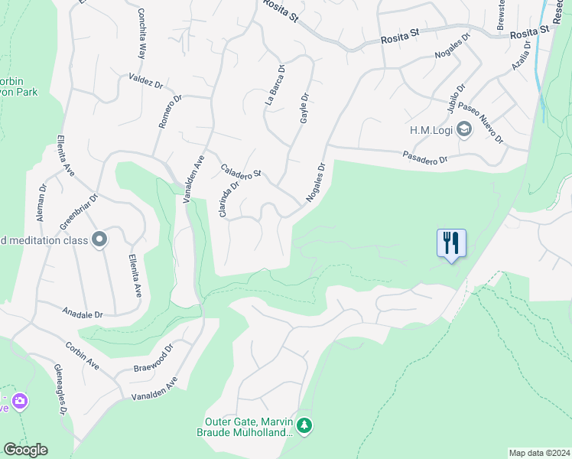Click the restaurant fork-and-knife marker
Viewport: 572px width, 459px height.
[451, 243]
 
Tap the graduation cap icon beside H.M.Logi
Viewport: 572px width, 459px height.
[463, 129]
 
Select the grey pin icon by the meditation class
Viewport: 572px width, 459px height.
[99, 240]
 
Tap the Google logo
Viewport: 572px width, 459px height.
[25, 450]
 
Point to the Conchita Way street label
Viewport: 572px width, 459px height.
[141, 34]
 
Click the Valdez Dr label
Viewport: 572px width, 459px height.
[146, 80]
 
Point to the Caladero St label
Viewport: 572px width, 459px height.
[241, 170]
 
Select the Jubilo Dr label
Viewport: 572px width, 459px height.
[456, 97]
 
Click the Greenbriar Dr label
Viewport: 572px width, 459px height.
[79, 212]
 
